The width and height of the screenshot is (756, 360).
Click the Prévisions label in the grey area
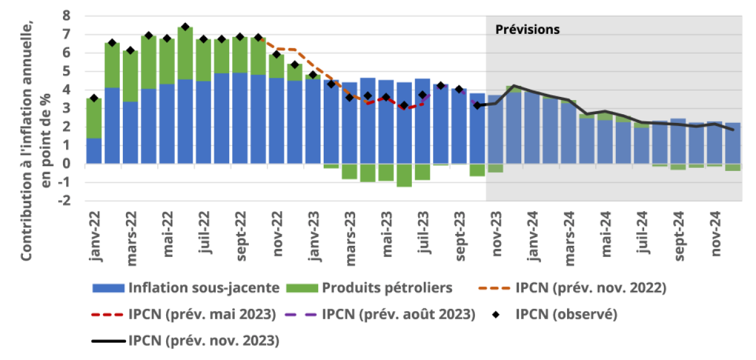click(527, 30)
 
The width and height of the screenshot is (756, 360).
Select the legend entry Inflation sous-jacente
click(204, 288)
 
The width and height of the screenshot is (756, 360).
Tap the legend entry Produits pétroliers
click(387, 288)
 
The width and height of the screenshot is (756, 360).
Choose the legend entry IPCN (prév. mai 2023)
click(202, 314)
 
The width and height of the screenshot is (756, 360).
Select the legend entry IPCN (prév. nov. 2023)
click(204, 340)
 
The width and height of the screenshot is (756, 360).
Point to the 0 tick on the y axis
click(67, 164)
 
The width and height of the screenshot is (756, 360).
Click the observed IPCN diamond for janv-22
click(94, 98)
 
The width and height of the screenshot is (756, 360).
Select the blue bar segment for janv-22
click(94, 151)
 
